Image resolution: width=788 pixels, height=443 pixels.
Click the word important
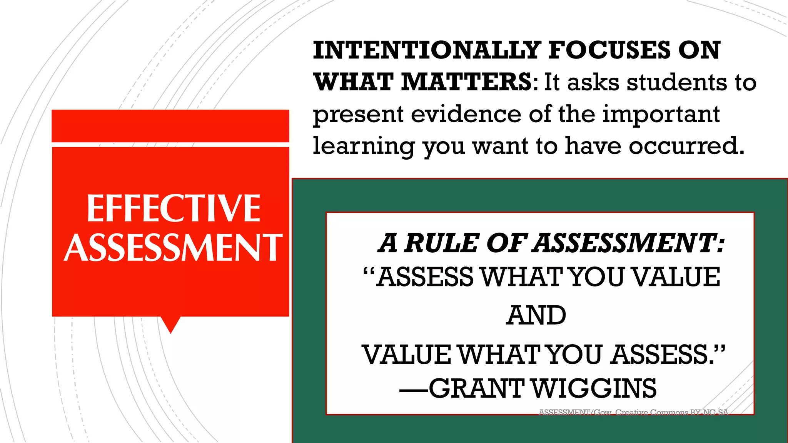point(661,114)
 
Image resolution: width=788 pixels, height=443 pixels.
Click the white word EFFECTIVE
point(174,208)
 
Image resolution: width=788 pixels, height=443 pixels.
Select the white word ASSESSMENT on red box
point(173,247)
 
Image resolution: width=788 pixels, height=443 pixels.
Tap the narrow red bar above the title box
point(170,126)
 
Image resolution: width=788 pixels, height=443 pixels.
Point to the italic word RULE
point(441,243)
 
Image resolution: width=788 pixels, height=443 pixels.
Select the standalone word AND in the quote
point(536,316)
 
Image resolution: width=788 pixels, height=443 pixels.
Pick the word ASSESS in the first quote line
point(425,277)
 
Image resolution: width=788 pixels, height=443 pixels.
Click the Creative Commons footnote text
point(633,412)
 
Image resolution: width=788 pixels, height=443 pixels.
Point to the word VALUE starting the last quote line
point(406,355)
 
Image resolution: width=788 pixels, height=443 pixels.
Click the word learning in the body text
point(364,146)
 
